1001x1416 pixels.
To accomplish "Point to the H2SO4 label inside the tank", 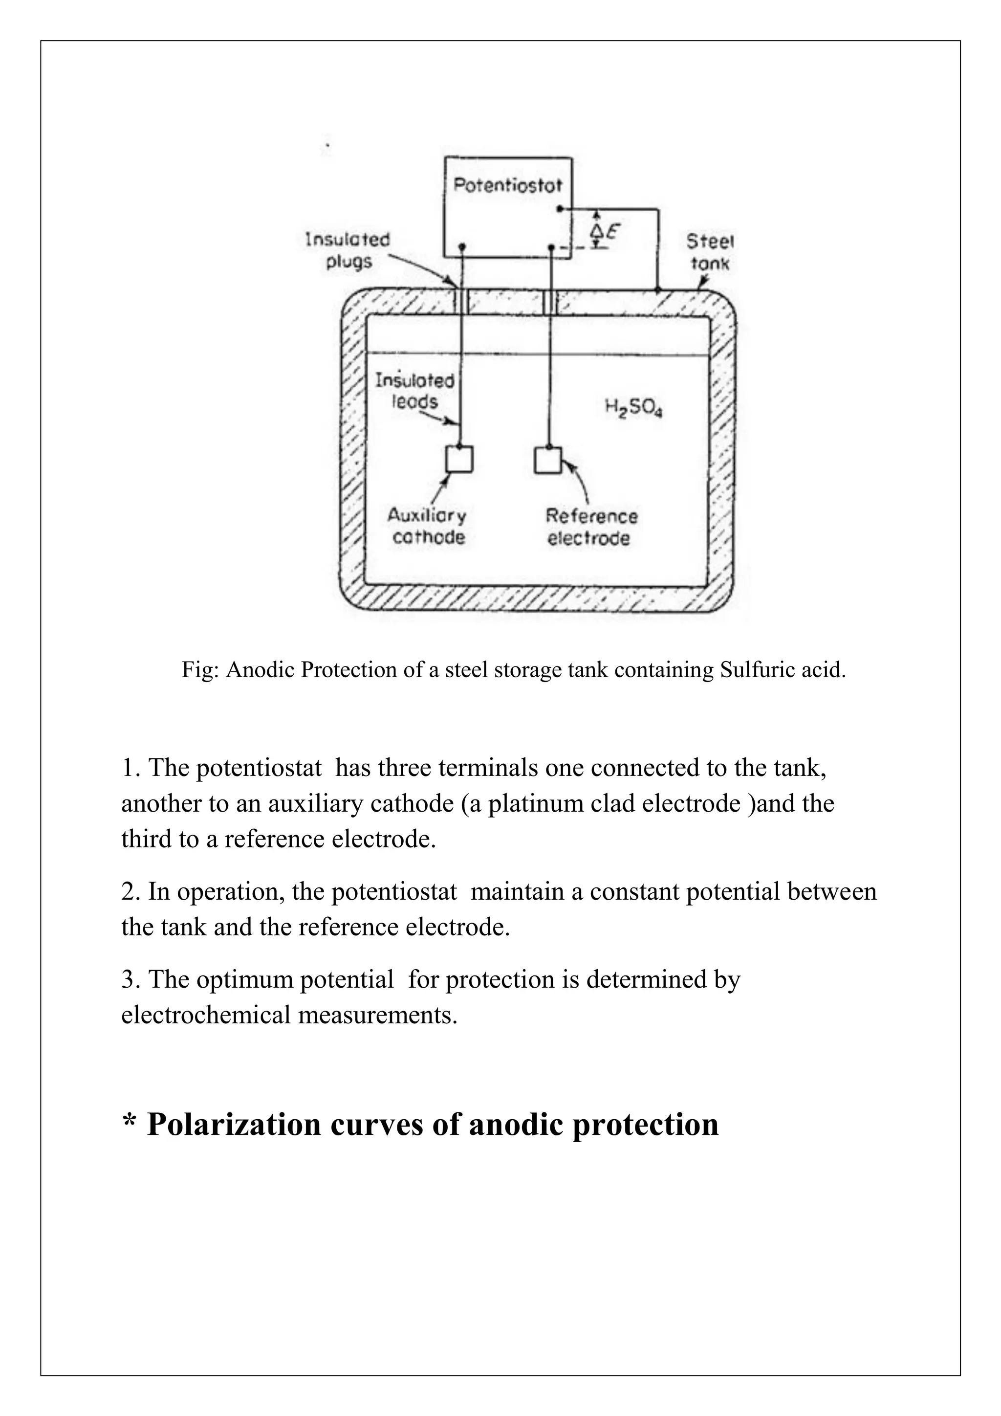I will tap(633, 408).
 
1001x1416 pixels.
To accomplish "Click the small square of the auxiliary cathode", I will tap(459, 459).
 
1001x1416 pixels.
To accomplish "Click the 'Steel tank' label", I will tap(710, 252).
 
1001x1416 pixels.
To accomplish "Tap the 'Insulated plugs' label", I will tap(348, 250).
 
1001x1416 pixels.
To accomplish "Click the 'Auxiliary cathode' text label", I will tap(427, 526).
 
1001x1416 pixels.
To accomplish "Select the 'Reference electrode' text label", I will tap(590, 527).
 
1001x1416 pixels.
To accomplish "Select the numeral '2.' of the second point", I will tap(130, 892).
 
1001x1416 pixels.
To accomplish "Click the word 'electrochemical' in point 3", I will tap(206, 1015).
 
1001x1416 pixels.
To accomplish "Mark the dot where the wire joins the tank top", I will tap(658, 288).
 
